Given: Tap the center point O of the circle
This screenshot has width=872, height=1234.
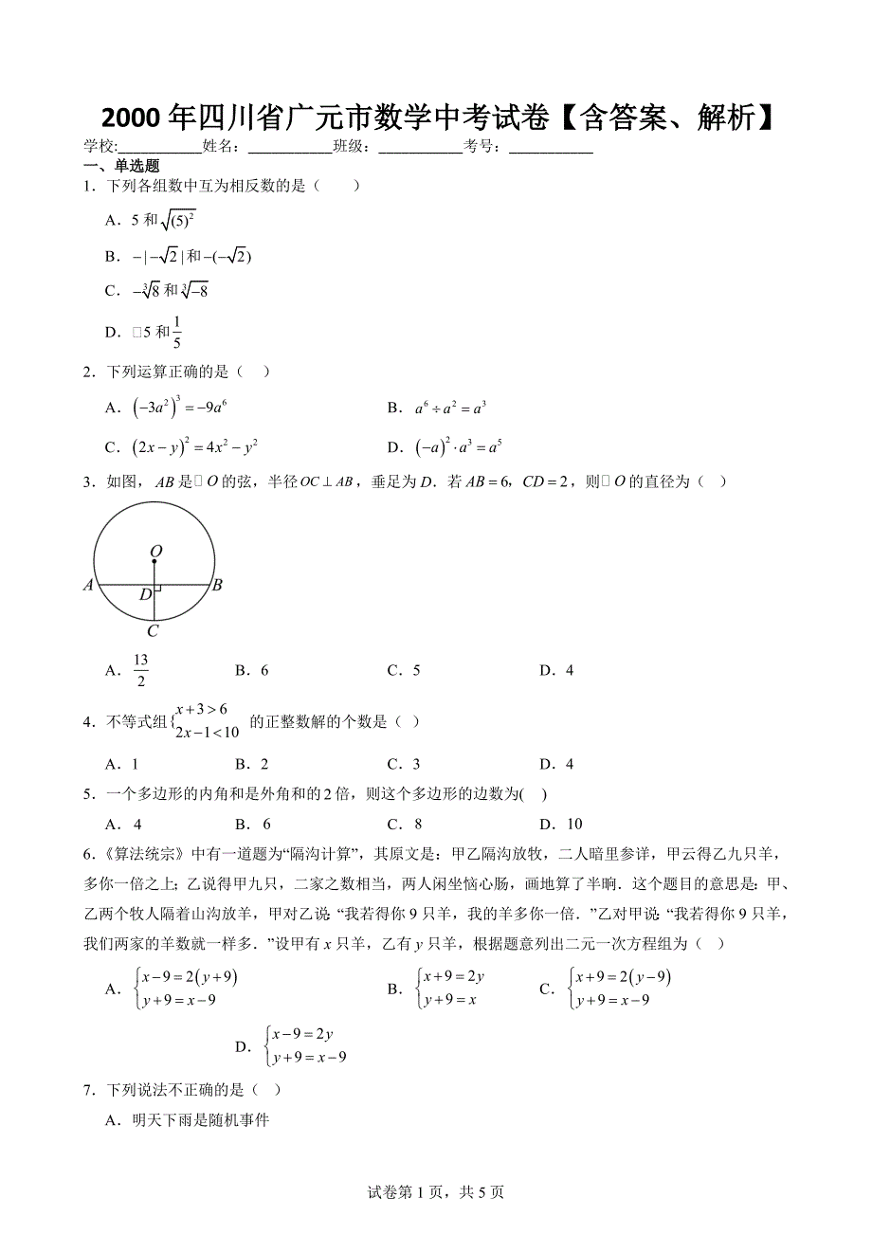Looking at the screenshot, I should click(154, 561).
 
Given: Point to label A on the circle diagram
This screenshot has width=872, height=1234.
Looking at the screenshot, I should click(88, 586).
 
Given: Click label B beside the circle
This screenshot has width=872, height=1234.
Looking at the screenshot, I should click(217, 586).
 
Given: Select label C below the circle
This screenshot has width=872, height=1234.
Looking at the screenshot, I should click(153, 631).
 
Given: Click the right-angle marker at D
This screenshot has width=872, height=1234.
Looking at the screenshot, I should click(157, 590).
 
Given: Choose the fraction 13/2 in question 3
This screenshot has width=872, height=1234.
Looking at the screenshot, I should click(140, 670).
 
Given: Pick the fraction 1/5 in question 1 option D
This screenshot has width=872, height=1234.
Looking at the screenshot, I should click(177, 332).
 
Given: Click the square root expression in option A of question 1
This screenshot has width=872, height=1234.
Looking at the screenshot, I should click(178, 221).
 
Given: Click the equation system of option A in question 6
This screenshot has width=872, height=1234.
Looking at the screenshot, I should click(187, 989).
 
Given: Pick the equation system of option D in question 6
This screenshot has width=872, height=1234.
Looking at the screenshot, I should click(307, 1045).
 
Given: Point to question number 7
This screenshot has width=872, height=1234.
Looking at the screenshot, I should click(87, 1091).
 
